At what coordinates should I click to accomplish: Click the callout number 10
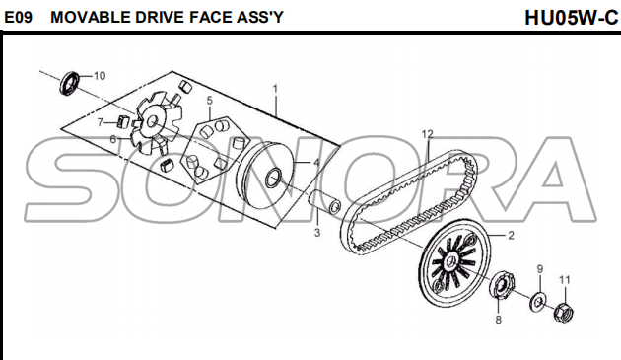pyautogui.click(x=100, y=76)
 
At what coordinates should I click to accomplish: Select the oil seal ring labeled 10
pyautogui.click(x=70, y=83)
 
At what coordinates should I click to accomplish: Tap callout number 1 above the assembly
pyautogui.click(x=275, y=89)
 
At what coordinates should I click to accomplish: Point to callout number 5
pyautogui.click(x=210, y=101)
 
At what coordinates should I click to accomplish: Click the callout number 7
pyautogui.click(x=101, y=123)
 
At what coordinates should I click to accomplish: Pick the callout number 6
pyautogui.click(x=113, y=139)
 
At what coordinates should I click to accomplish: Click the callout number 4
pyautogui.click(x=316, y=163)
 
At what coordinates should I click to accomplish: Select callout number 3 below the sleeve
pyautogui.click(x=317, y=233)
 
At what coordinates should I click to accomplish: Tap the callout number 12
pyautogui.click(x=428, y=134)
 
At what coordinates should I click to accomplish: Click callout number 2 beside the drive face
pyautogui.click(x=511, y=236)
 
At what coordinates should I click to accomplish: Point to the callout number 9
pyautogui.click(x=540, y=269)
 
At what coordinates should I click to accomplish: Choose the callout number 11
pyautogui.click(x=565, y=280)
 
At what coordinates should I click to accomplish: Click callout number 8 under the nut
pyautogui.click(x=498, y=320)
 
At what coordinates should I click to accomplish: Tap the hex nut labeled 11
pyautogui.click(x=563, y=313)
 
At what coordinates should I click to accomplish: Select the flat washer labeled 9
pyautogui.click(x=538, y=302)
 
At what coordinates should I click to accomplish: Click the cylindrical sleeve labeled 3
pyautogui.click(x=324, y=202)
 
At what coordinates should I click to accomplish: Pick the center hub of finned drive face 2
pyautogui.click(x=449, y=263)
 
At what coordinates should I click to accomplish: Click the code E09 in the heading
pyautogui.click(x=18, y=17)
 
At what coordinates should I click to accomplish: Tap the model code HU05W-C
pyautogui.click(x=571, y=18)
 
